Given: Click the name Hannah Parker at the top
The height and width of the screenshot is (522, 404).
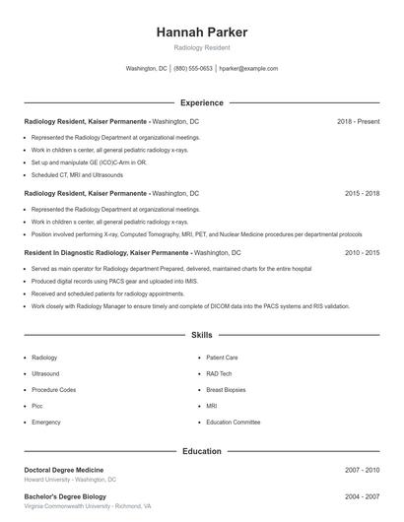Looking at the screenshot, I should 202,32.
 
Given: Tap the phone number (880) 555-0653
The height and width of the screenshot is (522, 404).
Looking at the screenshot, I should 193,69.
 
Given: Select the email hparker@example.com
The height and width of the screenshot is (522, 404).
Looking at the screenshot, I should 248,69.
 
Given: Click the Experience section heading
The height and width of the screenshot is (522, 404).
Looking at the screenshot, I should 202,102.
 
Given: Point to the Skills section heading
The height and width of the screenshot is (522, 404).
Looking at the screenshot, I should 202,336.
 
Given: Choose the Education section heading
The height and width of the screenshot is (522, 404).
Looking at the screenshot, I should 202,451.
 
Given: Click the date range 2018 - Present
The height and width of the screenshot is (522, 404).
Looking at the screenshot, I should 358,121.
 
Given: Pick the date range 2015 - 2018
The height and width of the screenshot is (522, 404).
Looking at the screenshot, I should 362,194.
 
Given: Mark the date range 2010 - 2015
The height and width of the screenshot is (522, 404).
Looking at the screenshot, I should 362,252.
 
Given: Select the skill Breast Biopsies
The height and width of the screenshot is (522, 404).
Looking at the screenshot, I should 228,390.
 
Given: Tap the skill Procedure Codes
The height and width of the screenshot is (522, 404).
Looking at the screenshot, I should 53,390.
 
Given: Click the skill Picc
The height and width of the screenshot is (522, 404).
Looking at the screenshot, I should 37,406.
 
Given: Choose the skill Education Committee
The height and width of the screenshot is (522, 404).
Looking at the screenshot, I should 234,422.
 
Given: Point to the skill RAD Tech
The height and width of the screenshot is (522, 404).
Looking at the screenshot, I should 219,374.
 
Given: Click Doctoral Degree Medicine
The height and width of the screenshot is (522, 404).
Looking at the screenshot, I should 63,470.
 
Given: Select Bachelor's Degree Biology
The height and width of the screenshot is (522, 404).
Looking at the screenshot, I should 64,495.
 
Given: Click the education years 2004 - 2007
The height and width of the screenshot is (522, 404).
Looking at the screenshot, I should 362,495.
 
